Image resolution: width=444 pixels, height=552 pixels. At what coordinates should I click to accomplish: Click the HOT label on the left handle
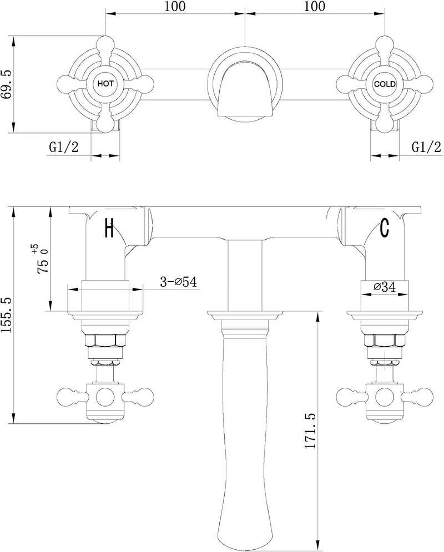click(x=105, y=84)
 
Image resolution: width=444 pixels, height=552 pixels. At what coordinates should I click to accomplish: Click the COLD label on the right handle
click(x=385, y=84)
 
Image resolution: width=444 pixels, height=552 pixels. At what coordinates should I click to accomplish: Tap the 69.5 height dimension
click(x=8, y=84)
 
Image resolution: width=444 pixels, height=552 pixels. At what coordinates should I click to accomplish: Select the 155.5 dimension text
click(x=8, y=315)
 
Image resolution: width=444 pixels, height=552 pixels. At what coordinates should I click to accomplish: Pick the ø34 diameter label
click(x=384, y=287)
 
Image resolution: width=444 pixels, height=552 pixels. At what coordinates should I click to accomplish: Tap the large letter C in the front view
click(x=385, y=227)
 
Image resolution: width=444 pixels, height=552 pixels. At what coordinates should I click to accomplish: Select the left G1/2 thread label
click(x=64, y=147)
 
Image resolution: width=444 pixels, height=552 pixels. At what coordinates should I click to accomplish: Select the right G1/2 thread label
click(x=426, y=147)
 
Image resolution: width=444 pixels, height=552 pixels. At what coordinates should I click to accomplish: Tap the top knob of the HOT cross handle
click(x=105, y=43)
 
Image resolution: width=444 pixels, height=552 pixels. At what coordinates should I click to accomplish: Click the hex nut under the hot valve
click(x=105, y=341)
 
